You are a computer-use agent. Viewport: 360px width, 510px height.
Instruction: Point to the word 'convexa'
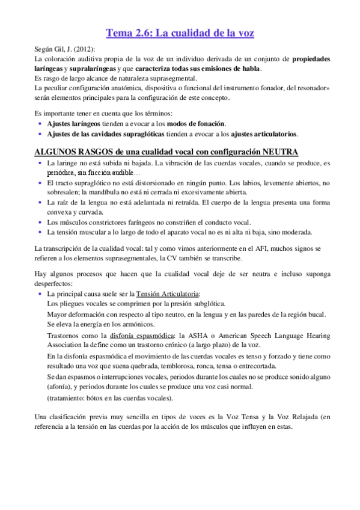click(x=58, y=212)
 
